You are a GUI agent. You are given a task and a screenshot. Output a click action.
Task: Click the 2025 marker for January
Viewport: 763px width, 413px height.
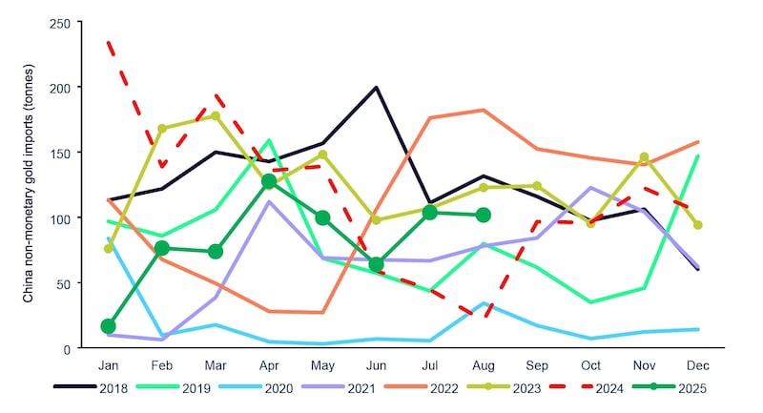108,326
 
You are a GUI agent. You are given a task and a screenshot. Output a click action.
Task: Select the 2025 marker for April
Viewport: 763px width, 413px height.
269,181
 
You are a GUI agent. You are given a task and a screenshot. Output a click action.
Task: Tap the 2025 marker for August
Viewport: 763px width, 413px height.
484,215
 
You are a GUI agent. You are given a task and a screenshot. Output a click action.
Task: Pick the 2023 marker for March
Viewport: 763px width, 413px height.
216,116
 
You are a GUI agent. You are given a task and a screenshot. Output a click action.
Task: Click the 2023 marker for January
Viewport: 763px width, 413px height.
108,249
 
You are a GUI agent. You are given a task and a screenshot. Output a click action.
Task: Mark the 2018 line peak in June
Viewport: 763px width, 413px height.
377,88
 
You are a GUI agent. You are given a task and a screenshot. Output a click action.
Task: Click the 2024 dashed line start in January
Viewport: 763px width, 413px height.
109,42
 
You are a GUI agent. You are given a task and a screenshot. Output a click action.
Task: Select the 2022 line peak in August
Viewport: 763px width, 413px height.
484,110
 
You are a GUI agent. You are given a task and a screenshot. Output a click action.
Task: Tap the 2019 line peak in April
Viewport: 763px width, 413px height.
269,140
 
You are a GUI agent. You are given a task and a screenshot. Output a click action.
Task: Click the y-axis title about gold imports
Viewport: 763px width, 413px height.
30,185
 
